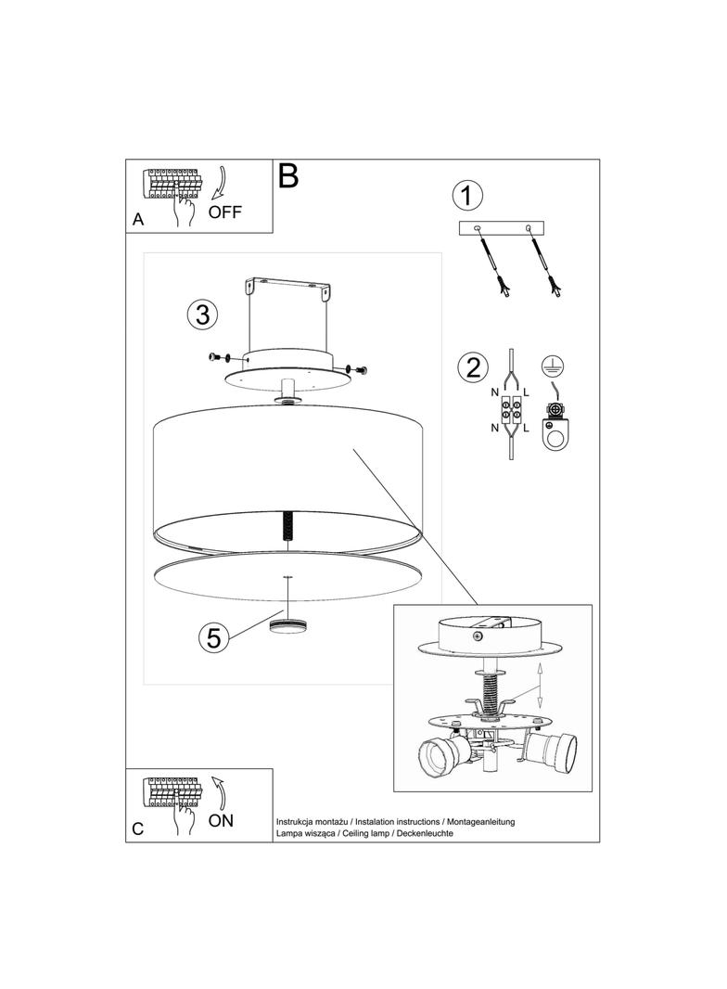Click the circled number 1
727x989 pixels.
pos(467,196)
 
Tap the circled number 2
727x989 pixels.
pos(473,366)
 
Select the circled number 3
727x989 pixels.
pos(202,315)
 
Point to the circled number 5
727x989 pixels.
pos(214,637)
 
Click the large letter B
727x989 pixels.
pos(288,176)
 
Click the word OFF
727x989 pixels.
pos(225,212)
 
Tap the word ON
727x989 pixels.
pos(221,820)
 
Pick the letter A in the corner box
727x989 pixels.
pos(138,220)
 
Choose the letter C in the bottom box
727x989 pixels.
pos(138,828)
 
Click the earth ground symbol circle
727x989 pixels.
pos(553,366)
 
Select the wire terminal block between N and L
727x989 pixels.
pos(511,409)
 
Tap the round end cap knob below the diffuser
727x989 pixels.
pos(287,626)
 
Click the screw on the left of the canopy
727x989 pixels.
pos(218,357)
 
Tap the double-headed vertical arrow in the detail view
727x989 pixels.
pos(540,687)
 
